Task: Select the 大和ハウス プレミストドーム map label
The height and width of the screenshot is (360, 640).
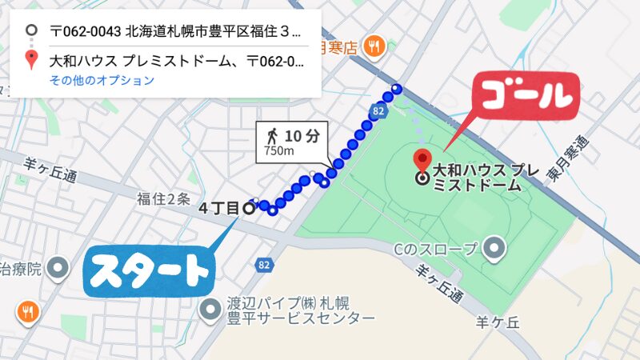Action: [x=477, y=178]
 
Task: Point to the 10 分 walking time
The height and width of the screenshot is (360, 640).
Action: [x=301, y=135]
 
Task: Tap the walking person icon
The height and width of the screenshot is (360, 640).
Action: [x=273, y=134]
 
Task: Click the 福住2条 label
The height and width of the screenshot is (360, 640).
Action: [x=163, y=197]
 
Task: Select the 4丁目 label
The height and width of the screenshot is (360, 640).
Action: [x=218, y=209]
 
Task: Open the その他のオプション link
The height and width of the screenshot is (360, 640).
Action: [x=102, y=80]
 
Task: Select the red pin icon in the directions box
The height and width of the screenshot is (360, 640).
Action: [x=30, y=60]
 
